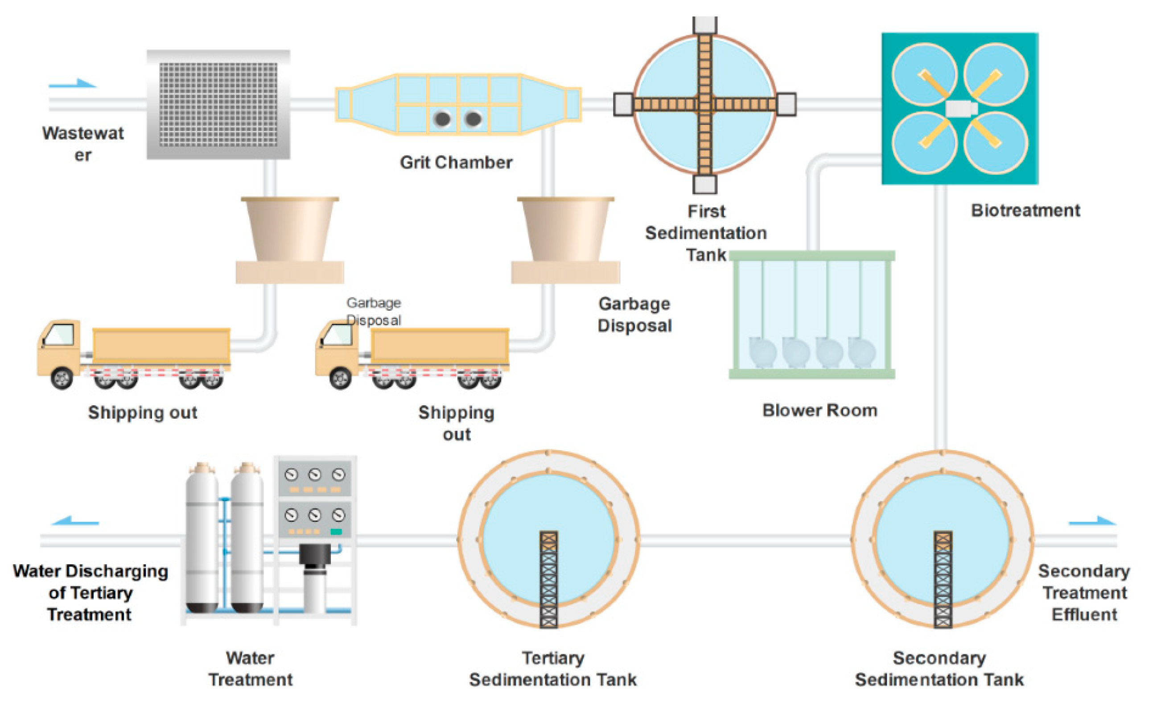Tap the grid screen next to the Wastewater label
218,104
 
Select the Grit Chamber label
456,162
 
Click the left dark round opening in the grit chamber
442,119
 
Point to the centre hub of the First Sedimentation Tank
704,104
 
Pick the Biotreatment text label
1025,210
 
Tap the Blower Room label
819,410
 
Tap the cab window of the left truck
60,334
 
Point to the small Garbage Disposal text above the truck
374,311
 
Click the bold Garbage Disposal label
634,314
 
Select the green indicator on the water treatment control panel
336,532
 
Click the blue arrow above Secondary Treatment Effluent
1092,521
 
